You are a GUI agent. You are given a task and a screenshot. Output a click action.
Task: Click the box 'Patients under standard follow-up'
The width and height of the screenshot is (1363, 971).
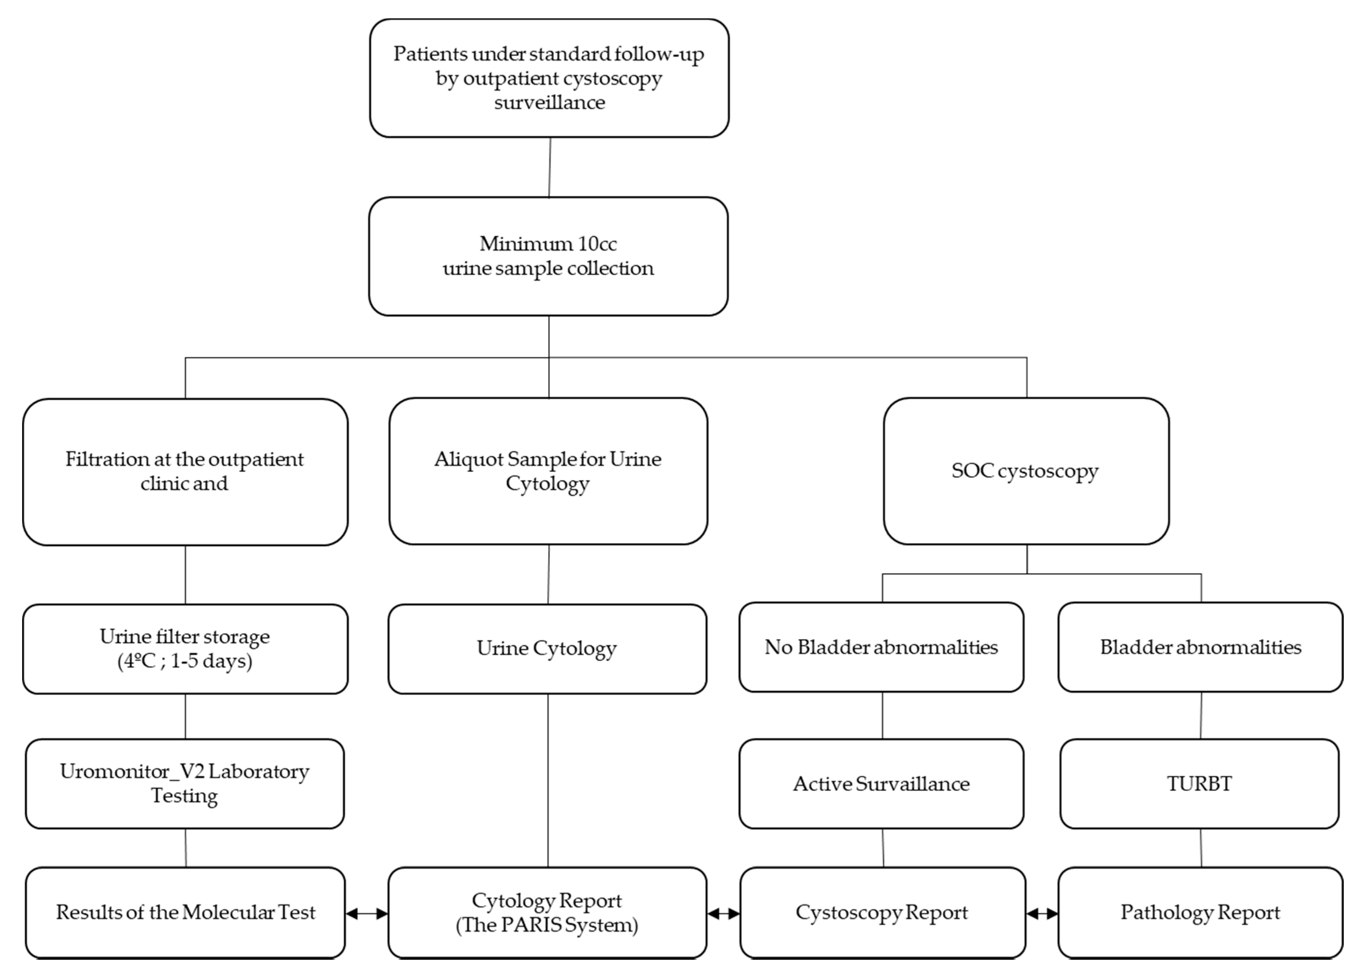click(x=549, y=78)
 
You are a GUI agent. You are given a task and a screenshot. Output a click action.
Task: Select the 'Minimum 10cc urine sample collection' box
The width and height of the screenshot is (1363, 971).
click(x=548, y=256)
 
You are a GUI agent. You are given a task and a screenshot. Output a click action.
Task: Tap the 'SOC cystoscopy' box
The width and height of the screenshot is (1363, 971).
click(x=1025, y=471)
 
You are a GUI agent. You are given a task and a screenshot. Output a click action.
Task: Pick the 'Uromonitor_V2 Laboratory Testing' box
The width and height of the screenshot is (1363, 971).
click(x=185, y=783)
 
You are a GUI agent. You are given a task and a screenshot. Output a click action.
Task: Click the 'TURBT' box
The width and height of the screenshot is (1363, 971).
click(x=1199, y=783)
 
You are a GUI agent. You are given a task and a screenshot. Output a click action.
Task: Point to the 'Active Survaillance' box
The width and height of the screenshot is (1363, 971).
click(x=881, y=783)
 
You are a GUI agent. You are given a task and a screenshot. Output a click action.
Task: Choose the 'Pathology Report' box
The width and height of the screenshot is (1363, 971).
click(x=1200, y=912)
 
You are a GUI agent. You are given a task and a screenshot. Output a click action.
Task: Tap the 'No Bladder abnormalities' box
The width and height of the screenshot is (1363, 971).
click(x=881, y=647)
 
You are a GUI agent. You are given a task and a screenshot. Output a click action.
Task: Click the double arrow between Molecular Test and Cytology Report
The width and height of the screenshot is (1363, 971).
click(x=366, y=914)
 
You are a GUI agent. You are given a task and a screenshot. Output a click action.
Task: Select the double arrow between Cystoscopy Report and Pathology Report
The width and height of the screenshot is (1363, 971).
click(x=1041, y=914)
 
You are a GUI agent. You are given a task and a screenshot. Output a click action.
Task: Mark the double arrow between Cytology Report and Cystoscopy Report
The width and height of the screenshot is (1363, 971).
click(x=723, y=914)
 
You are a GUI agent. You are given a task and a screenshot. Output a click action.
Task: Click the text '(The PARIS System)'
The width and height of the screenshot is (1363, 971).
click(x=547, y=925)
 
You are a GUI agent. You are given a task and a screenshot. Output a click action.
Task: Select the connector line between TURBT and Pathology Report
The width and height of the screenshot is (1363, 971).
click(x=1201, y=848)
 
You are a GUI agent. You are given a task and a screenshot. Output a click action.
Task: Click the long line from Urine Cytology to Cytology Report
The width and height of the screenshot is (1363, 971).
click(x=548, y=780)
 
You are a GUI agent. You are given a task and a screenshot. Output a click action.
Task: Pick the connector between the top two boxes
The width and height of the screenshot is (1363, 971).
click(x=550, y=167)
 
